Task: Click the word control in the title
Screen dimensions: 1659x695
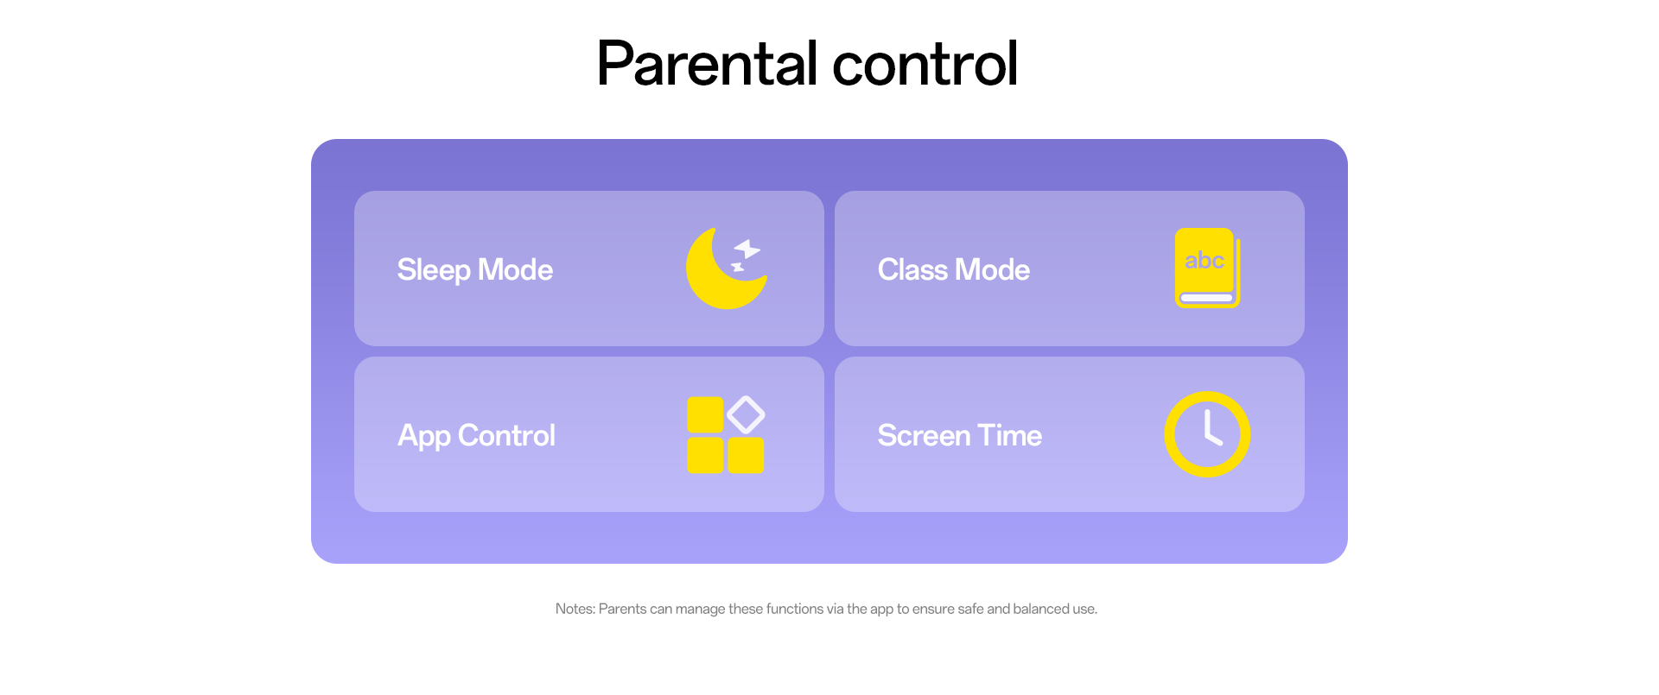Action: click(x=925, y=64)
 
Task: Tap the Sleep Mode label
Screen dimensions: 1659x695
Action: click(x=474, y=270)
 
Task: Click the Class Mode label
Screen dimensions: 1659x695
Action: click(x=954, y=270)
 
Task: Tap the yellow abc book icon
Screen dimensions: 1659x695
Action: click(x=1207, y=268)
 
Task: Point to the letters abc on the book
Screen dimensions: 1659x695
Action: click(x=1204, y=261)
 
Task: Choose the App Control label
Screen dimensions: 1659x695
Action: click(x=476, y=436)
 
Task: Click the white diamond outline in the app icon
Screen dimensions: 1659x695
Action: click(x=746, y=414)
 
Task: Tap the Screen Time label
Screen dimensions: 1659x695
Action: click(x=960, y=435)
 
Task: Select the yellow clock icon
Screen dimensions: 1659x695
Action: click(x=1207, y=434)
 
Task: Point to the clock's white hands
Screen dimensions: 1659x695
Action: click(x=1211, y=428)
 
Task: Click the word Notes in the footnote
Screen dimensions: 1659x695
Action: click(x=575, y=609)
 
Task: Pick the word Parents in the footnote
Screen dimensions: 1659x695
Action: click(x=622, y=609)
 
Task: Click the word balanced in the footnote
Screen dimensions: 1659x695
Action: click(x=1041, y=609)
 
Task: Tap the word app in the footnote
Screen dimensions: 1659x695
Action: click(x=881, y=610)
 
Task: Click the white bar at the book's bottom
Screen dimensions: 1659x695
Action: click(x=1206, y=298)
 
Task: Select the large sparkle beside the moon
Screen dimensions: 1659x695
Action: click(x=747, y=250)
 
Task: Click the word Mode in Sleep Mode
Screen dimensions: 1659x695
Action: click(x=515, y=269)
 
